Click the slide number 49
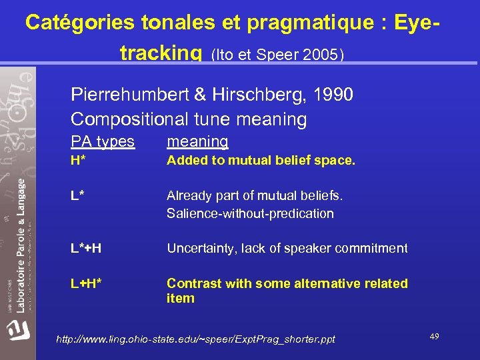[x=434, y=337]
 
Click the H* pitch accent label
[x=79, y=161]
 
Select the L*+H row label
[x=86, y=249]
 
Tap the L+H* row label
[x=86, y=283]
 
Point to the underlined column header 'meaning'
[x=197, y=141]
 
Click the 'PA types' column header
[x=103, y=141]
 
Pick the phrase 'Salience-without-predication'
[x=250, y=213]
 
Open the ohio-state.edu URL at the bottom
[x=196, y=339]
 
